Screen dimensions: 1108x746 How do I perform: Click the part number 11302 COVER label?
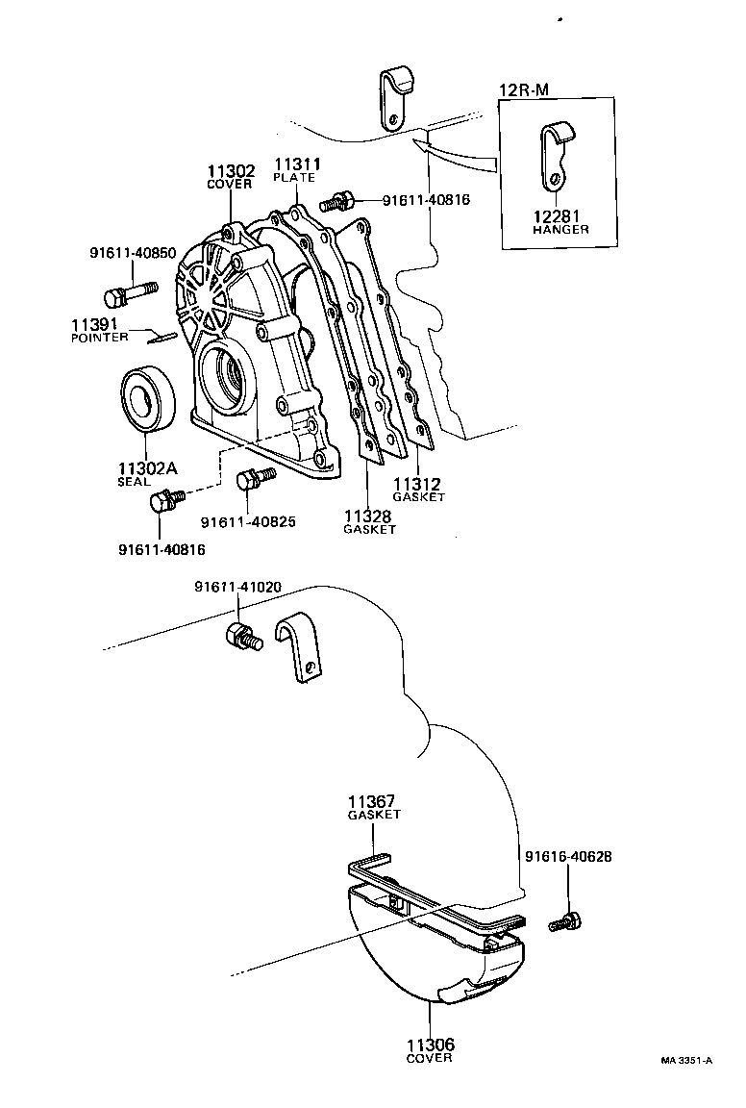tap(229, 176)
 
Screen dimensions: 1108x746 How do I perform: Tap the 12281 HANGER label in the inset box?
tap(561, 222)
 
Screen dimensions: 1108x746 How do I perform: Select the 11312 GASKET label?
tap(418, 490)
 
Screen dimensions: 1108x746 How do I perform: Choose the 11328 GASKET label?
tap(369, 522)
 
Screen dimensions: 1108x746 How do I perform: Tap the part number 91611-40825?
tap(247, 522)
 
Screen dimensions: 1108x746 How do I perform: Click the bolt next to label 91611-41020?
tap(243, 636)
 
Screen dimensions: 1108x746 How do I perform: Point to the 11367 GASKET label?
tap(373, 806)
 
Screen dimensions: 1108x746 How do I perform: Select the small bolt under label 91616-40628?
tap(562, 920)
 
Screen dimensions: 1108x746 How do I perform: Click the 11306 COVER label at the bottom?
tap(428, 1049)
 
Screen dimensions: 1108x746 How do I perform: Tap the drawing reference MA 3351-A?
tap(685, 1061)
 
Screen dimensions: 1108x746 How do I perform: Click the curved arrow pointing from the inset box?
tap(452, 151)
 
